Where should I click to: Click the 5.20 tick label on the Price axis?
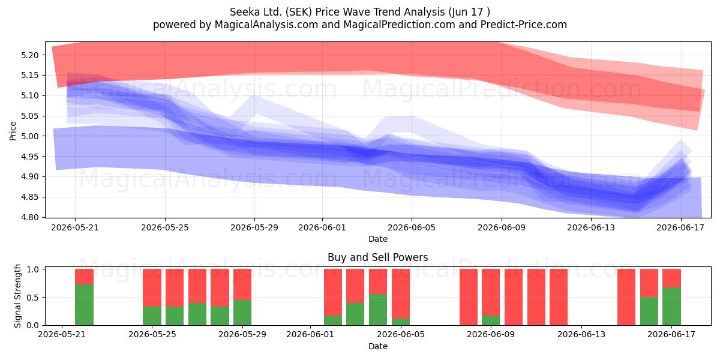coord(29,55)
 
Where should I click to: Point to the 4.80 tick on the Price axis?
coord(29,217)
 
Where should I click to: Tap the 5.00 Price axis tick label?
coord(29,136)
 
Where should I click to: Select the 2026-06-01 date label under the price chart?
coord(322,227)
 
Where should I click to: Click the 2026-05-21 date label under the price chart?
coord(75,227)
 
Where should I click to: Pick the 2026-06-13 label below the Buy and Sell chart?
coord(581,335)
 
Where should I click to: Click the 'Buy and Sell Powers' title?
coord(377,257)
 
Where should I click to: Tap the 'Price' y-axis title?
coord(13,131)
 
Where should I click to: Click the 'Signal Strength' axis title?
coord(17,296)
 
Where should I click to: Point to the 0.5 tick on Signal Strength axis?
coord(33,298)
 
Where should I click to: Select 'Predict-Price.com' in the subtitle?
coord(524,25)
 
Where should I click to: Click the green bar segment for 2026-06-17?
coord(671,307)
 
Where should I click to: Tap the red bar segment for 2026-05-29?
coord(242,284)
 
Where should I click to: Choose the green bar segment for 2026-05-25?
coord(152,316)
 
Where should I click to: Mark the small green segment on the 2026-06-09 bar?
coord(491,320)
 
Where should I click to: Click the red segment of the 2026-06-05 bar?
coord(401,294)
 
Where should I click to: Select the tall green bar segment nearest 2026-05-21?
coord(84,305)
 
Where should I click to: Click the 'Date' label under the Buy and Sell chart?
coord(377,347)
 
